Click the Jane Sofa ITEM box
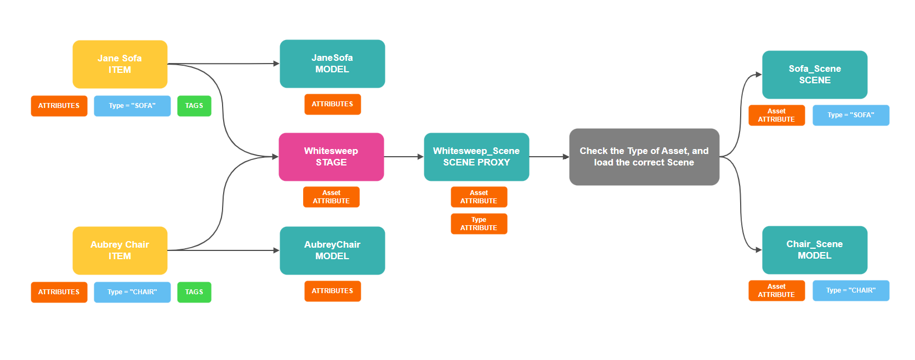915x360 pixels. click(x=120, y=64)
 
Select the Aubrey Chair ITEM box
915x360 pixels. click(x=120, y=250)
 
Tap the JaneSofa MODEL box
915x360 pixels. click(x=332, y=64)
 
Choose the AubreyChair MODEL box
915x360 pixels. click(x=332, y=250)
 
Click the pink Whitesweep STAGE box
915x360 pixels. click(x=331, y=157)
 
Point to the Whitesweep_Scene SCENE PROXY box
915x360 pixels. click(x=476, y=157)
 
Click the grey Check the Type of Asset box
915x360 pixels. click(x=644, y=157)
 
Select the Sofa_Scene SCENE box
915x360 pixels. click(x=815, y=75)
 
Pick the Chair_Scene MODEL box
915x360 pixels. click(x=815, y=250)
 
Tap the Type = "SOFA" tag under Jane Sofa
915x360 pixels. click(x=132, y=106)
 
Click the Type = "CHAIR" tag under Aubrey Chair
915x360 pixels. click(x=132, y=292)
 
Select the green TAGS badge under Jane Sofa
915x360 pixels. click(x=194, y=106)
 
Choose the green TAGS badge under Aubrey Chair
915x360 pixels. click(x=194, y=292)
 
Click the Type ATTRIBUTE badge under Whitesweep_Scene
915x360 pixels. click(x=479, y=224)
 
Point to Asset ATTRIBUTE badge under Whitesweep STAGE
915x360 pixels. click(x=331, y=197)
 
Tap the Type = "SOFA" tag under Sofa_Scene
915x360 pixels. click(x=851, y=115)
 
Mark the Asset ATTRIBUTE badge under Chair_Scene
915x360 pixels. click(x=776, y=290)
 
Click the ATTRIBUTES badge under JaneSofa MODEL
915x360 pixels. click(x=332, y=104)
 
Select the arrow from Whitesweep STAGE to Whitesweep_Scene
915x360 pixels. click(x=403, y=157)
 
